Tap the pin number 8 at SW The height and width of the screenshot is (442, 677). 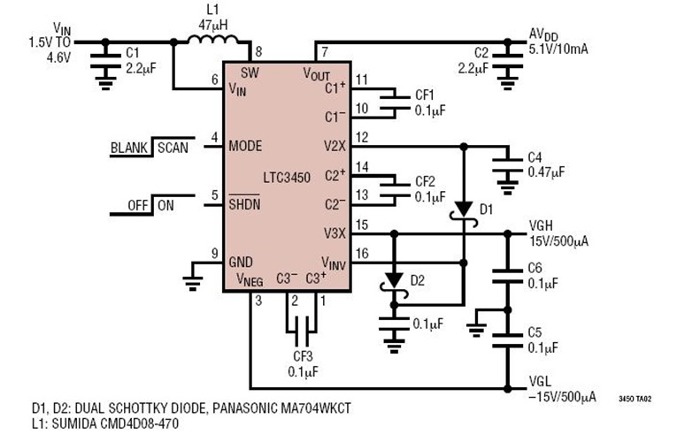pos(258,52)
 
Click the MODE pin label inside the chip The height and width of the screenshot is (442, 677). pos(245,146)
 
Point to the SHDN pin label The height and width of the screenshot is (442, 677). pos(245,203)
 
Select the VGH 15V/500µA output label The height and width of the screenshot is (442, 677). pos(557,232)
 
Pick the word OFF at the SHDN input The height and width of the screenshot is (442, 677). pos(137,204)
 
